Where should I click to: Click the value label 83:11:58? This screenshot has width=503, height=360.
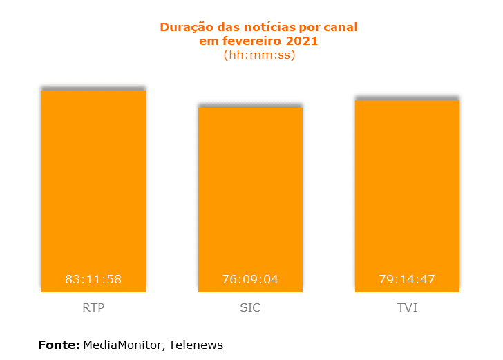point(93,279)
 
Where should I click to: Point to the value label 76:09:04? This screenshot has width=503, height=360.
point(250,279)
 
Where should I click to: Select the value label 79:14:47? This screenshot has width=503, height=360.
point(407,279)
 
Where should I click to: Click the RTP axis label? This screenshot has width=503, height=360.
point(93,307)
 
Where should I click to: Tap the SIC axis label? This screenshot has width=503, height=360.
point(250,307)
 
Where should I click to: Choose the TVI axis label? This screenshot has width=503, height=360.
point(407,307)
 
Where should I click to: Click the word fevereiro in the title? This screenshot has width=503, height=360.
point(249,41)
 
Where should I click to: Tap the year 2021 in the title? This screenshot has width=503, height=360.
point(303,41)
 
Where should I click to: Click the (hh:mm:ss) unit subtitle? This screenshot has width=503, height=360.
point(259,55)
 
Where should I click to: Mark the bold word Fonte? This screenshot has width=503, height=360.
point(59,344)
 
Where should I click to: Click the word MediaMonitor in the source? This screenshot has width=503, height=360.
point(122,344)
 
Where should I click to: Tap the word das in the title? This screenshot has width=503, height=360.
point(227,28)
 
